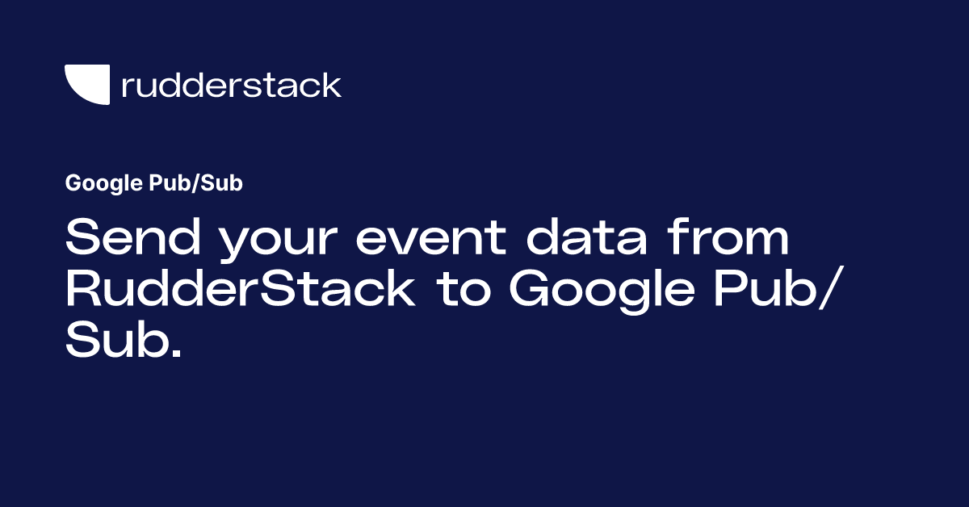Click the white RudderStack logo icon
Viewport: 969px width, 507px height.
(x=86, y=85)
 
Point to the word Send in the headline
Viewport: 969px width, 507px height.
(x=116, y=241)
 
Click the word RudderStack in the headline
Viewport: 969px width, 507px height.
(x=240, y=289)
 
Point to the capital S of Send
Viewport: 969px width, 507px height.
(x=82, y=241)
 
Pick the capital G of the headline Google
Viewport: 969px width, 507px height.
(x=529, y=289)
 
